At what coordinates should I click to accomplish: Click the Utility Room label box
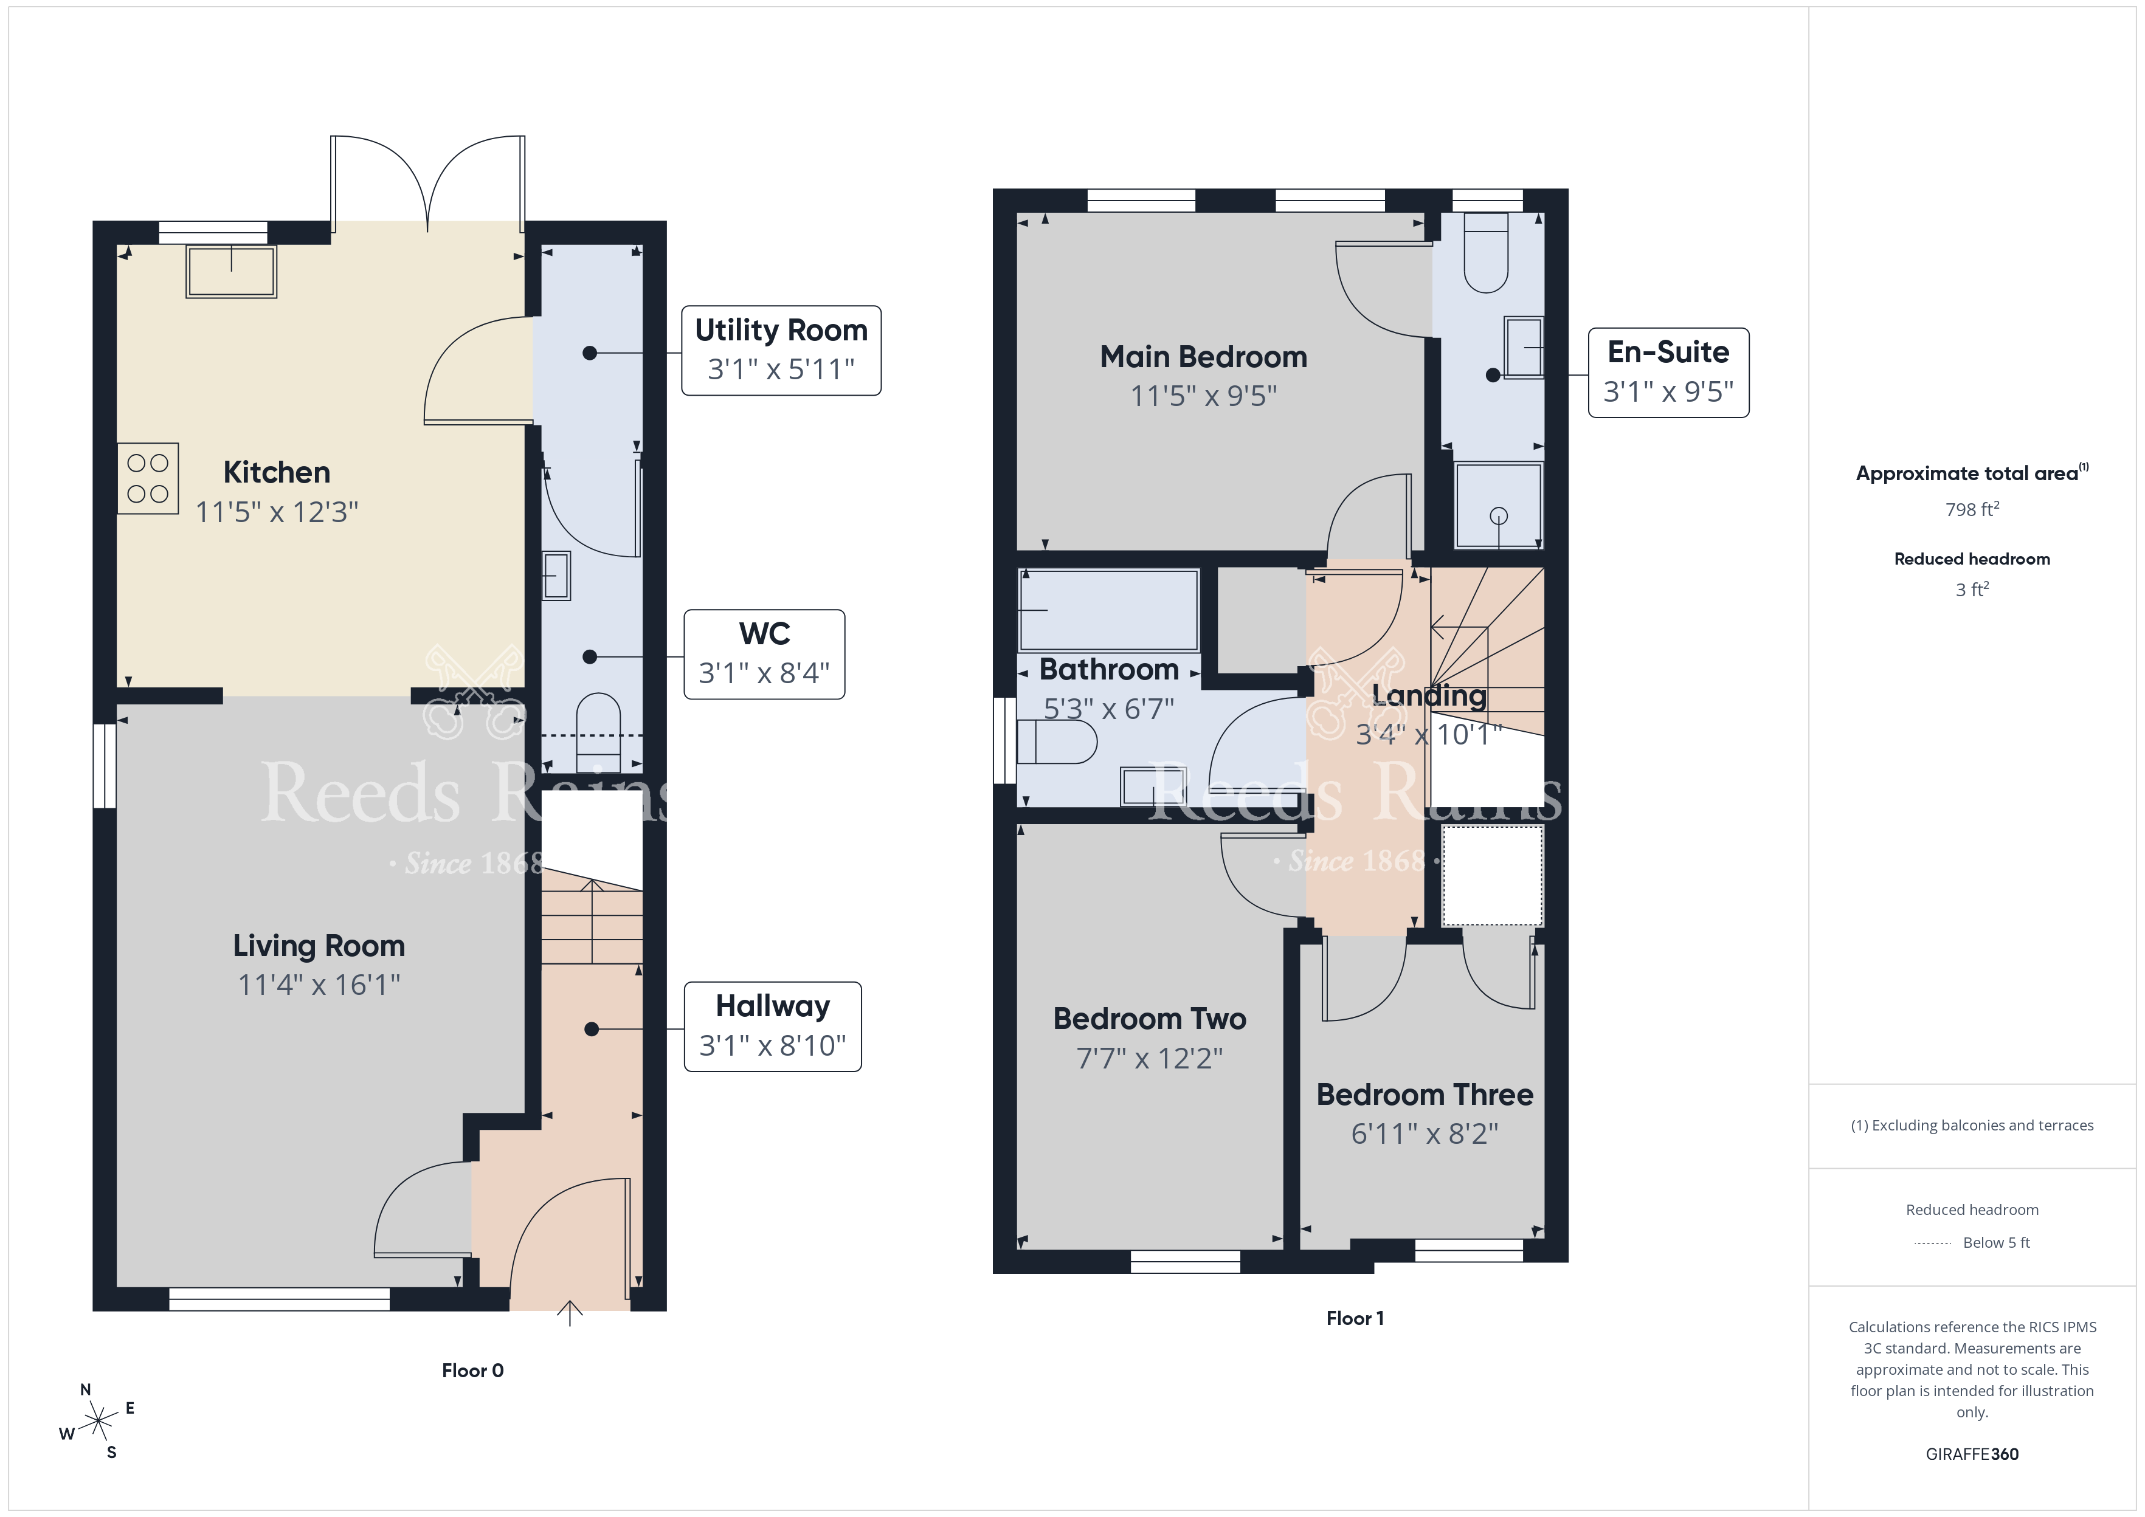pyautogui.click(x=781, y=350)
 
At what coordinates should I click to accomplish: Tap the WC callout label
pyautogui.click(x=764, y=654)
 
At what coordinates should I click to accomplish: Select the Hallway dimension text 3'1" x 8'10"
pyautogui.click(x=773, y=1045)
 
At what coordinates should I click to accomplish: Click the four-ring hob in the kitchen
pyautogui.click(x=148, y=478)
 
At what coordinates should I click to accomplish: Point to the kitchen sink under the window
pyautogui.click(x=231, y=271)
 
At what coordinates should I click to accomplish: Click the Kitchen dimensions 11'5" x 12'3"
pyautogui.click(x=277, y=512)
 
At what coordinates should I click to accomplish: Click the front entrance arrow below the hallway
pyautogui.click(x=570, y=1312)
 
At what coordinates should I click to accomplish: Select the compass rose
pyautogui.click(x=97, y=1422)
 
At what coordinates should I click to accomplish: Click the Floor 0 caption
pyautogui.click(x=473, y=1371)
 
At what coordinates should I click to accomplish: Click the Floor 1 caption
pyautogui.click(x=1355, y=1318)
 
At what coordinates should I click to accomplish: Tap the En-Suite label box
pyautogui.click(x=1668, y=373)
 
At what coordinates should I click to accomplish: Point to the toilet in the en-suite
pyautogui.click(x=1485, y=252)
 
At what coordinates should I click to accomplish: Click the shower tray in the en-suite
pyautogui.click(x=1499, y=505)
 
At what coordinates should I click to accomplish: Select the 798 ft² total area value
pyautogui.click(x=1972, y=509)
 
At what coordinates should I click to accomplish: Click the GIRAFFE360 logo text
pyautogui.click(x=1972, y=1454)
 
